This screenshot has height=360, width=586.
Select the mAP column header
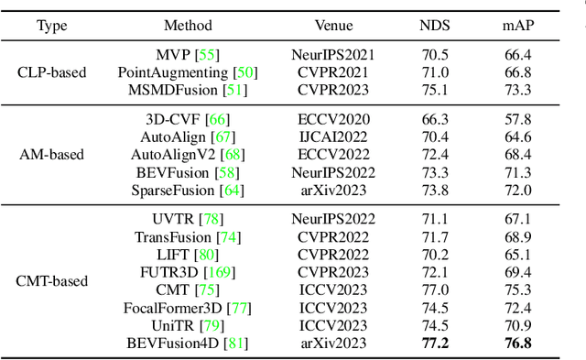517,26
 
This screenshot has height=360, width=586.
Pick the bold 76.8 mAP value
517,344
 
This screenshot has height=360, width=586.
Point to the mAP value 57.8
517,120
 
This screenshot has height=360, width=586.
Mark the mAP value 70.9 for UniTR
517,326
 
